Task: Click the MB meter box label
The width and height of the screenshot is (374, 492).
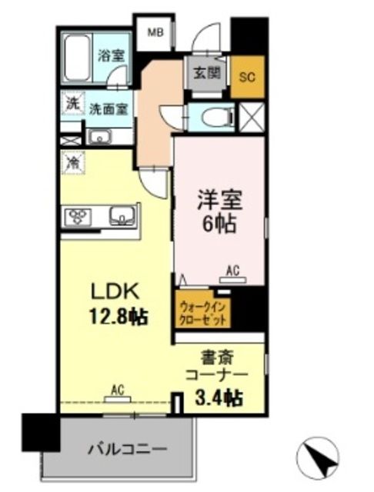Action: coord(155,32)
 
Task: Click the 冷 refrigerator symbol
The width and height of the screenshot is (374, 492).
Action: coord(73,162)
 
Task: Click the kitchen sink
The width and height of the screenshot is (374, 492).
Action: coord(122,215)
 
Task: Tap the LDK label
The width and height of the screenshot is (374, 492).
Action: coord(115,292)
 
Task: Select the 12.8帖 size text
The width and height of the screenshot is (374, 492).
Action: coord(116,315)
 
